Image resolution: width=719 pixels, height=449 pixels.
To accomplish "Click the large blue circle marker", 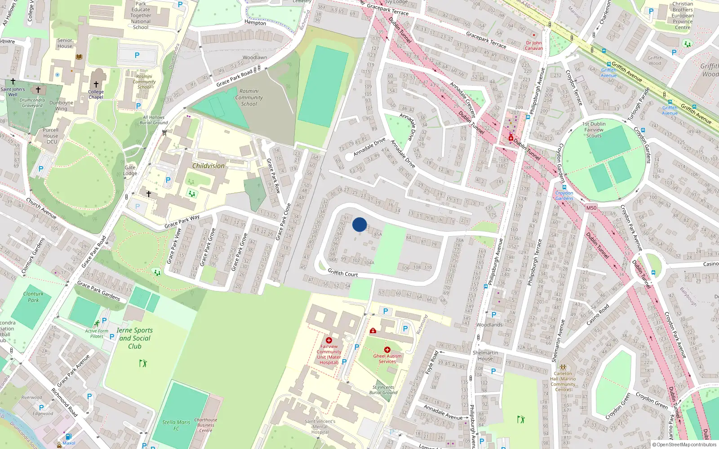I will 359,224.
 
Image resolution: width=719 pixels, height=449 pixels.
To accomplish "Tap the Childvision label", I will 208,166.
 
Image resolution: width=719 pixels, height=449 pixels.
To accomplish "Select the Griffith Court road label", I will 342,273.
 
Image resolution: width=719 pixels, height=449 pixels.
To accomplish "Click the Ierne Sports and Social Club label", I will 134,338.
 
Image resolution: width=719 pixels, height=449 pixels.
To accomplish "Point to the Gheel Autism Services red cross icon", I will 387,350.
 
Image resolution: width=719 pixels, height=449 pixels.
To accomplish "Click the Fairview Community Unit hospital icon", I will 329,340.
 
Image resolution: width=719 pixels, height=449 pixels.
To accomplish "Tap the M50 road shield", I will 591,208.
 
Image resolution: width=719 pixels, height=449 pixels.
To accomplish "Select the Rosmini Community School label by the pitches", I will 249,97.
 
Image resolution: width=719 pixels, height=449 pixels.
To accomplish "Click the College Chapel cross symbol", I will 96,84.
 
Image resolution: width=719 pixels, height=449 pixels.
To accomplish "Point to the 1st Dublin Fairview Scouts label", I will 594,130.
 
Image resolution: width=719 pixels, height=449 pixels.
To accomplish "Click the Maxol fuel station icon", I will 68,436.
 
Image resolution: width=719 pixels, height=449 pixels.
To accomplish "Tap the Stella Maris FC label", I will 176,425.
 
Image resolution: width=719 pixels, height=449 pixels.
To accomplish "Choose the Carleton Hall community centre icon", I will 563,367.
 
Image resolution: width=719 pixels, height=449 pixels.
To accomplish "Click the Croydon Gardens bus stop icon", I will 564,187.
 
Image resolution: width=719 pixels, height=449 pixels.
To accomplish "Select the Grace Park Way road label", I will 182,221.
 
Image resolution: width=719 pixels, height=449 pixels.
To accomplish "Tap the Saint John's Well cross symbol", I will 13,81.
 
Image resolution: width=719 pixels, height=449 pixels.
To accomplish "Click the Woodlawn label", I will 255,57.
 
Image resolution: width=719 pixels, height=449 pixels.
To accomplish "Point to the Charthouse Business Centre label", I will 206,425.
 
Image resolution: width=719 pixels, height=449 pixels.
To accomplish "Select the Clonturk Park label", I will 33,297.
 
